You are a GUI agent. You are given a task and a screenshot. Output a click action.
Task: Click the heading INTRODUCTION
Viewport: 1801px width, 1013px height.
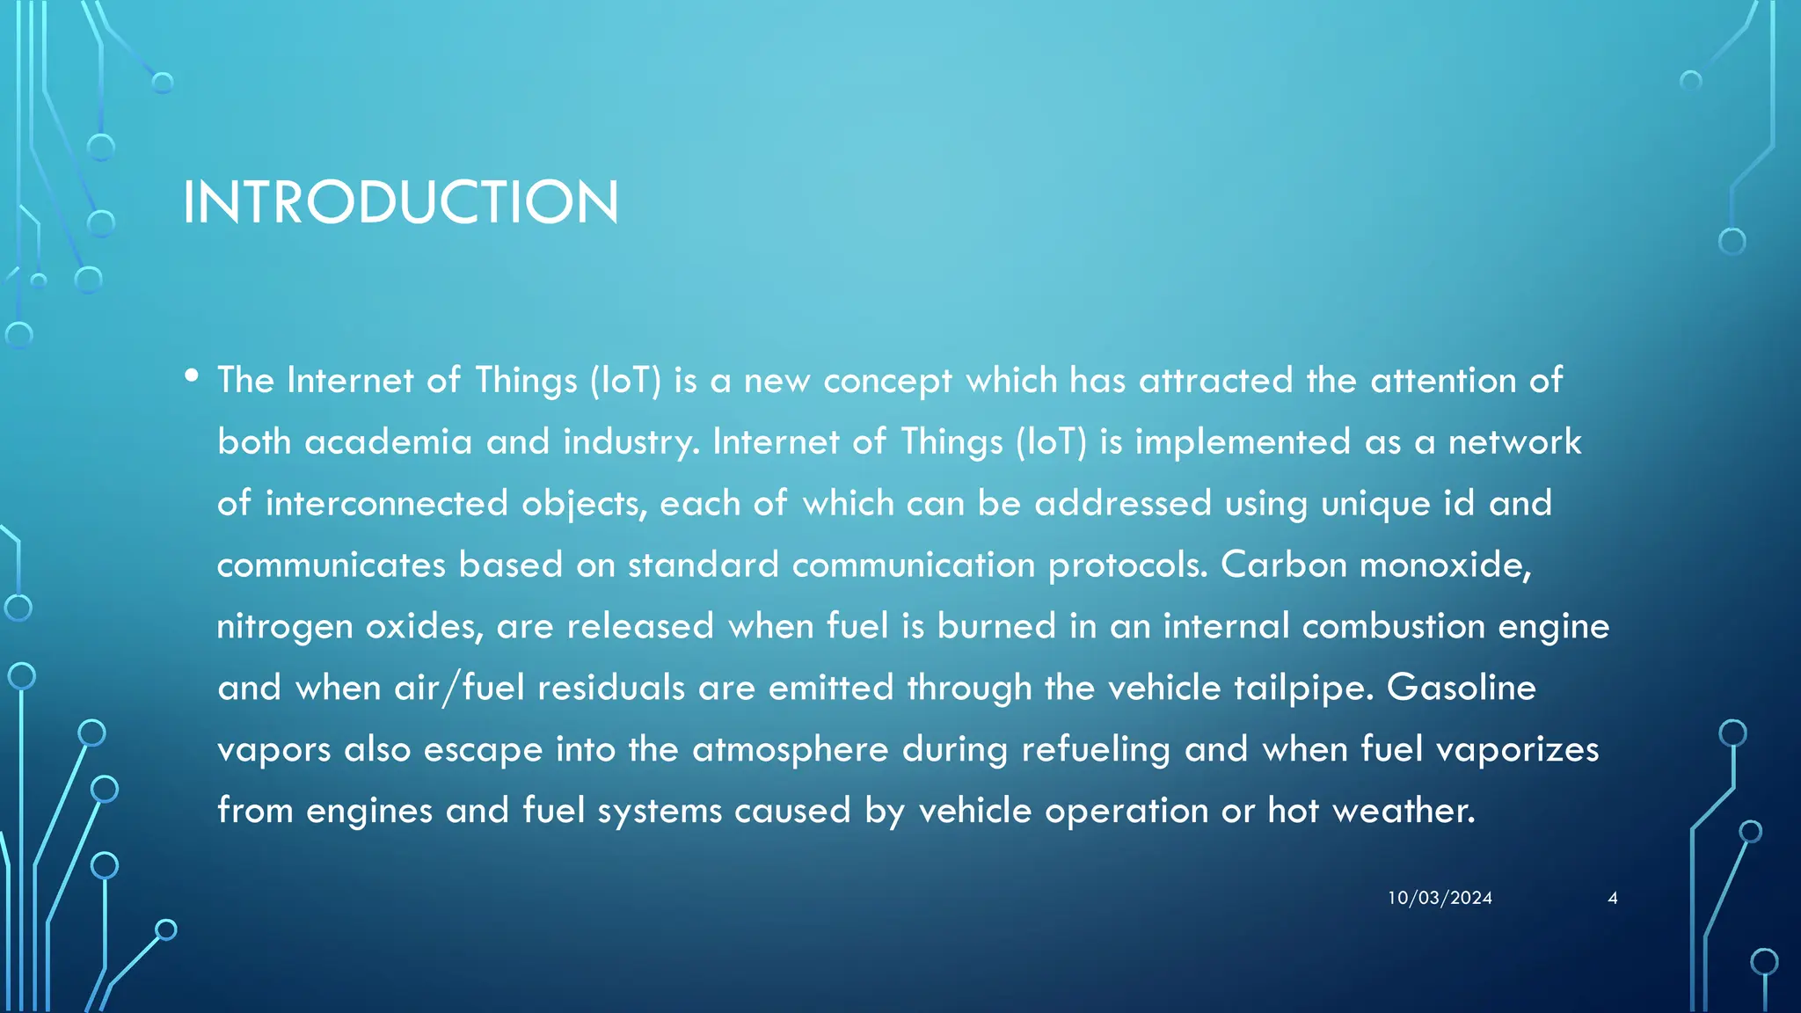pos(400,202)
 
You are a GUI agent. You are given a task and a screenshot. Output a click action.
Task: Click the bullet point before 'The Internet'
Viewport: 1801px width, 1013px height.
pos(192,376)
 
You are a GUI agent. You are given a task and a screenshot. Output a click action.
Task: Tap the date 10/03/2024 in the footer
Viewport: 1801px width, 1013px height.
pos(1440,898)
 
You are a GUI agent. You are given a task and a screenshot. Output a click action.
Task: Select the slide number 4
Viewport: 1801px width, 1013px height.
pos(1612,898)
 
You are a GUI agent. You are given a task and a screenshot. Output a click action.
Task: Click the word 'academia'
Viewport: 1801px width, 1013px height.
pos(388,441)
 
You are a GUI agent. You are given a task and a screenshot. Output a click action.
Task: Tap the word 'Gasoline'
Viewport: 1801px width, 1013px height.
pos(1461,688)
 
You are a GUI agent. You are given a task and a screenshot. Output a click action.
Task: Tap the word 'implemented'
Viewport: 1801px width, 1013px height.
pos(1243,442)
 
